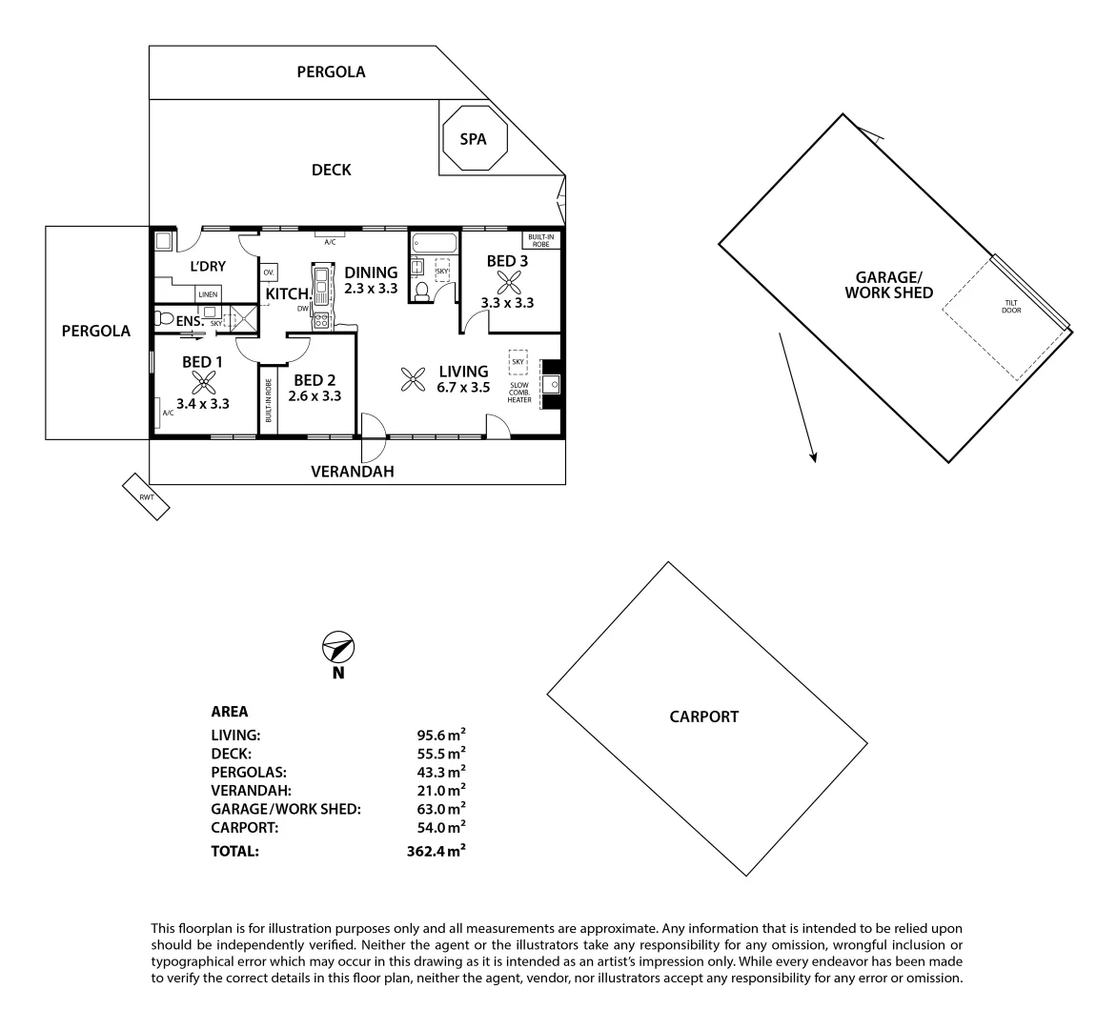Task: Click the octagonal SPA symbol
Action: click(x=474, y=139)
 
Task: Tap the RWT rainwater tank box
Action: click(x=147, y=496)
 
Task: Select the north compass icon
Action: click(x=337, y=648)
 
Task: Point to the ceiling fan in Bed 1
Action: click(x=202, y=383)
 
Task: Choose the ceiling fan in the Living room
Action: click(x=413, y=380)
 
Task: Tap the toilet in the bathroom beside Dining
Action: click(x=421, y=290)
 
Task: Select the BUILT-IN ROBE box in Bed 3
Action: click(x=541, y=240)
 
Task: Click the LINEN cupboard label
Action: click(x=209, y=294)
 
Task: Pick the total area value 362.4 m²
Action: click(x=436, y=851)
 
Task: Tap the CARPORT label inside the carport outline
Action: click(x=703, y=716)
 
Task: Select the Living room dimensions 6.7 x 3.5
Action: click(x=463, y=388)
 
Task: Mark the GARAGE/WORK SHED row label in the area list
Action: click(x=285, y=809)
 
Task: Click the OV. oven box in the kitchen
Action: click(x=269, y=272)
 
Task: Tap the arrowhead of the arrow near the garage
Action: click(x=814, y=457)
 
